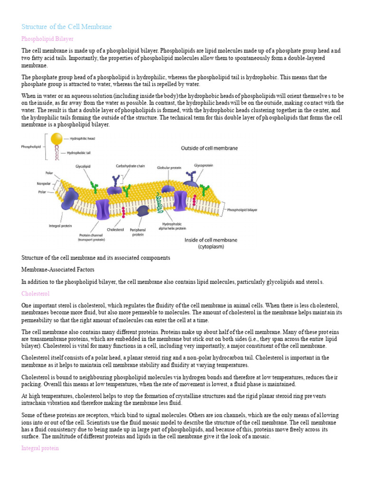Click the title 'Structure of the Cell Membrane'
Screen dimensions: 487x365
coord(67,27)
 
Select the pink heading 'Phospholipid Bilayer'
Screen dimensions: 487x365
coord(48,39)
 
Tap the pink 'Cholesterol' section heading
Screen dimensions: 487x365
coord(35,294)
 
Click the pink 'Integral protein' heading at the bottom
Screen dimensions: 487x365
coord(40,448)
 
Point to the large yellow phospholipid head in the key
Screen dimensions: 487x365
coord(57,139)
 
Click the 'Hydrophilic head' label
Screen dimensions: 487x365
coord(83,138)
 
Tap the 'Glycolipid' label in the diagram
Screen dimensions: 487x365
coord(83,166)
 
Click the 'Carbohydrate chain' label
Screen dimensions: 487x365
coord(130,166)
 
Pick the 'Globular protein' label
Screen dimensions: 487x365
coord(170,167)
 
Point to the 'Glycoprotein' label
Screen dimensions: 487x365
coord(203,165)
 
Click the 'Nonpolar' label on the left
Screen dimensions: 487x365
coord(44,183)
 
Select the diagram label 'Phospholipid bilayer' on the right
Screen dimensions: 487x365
coord(242,209)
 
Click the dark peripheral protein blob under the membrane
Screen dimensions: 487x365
coord(142,211)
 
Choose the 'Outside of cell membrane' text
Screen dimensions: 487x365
coord(209,148)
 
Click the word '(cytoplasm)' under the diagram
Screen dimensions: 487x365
coord(211,247)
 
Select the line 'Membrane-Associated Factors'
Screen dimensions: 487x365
coord(58,270)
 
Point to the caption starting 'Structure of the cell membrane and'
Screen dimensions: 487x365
coord(96,258)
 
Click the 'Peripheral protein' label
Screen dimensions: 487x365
coord(138,232)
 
